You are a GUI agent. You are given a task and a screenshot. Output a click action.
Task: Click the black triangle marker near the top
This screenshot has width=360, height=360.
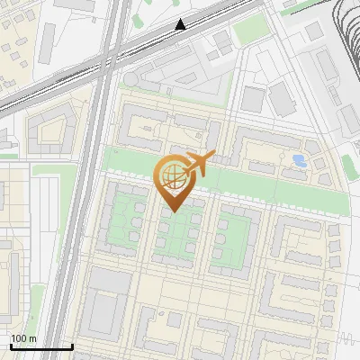(x=181, y=24)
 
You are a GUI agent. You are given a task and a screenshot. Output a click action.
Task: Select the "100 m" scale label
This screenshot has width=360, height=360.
(x=23, y=338)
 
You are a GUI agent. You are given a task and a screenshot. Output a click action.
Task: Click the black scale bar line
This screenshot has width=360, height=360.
(x=40, y=346)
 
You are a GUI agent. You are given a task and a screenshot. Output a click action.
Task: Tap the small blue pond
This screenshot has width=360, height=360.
(x=299, y=161)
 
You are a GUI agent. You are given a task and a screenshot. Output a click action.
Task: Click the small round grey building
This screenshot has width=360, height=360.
(x=131, y=79)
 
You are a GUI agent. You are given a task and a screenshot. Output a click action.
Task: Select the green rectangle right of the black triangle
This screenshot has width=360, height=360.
(x=247, y=31)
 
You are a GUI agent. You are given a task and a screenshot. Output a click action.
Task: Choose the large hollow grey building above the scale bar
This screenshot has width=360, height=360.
(x=108, y=301)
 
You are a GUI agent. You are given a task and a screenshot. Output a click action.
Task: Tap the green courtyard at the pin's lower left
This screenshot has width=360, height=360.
(x=123, y=220)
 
